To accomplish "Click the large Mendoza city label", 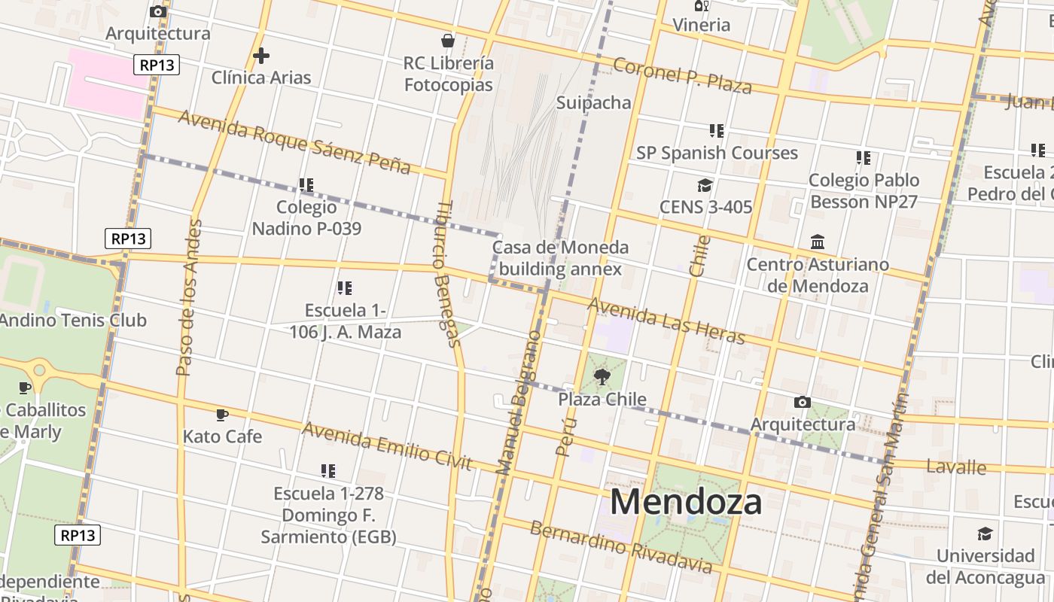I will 686,502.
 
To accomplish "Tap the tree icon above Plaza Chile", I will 602,376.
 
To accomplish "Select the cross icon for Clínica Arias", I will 261,55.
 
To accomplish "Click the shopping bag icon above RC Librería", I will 448,40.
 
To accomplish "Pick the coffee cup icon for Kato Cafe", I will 222,414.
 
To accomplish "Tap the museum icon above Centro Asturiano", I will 818,242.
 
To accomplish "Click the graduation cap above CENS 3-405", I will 705,185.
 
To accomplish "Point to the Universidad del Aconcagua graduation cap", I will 985,534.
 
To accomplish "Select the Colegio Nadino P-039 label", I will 306,217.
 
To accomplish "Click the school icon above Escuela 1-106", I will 345,287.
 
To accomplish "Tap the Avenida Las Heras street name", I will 666,321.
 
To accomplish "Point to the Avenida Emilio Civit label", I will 387,445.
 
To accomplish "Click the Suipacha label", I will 593,102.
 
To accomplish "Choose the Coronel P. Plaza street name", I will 682,75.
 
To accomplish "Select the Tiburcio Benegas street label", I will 447,275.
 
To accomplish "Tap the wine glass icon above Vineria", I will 702,6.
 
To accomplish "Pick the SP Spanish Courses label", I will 717,153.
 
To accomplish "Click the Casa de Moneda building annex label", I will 560,258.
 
